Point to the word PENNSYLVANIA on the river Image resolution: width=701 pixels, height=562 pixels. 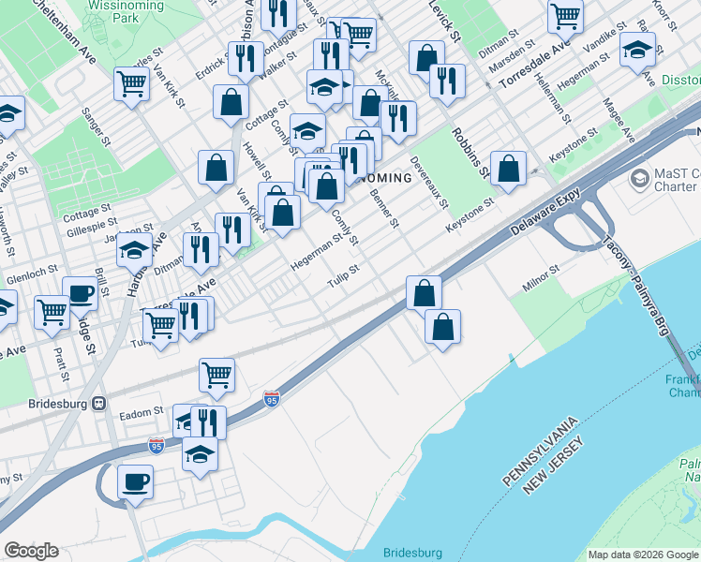(544, 449)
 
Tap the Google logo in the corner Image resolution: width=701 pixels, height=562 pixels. (31, 551)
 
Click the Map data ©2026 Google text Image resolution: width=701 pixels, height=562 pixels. (642, 555)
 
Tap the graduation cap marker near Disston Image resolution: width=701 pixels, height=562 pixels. (637, 48)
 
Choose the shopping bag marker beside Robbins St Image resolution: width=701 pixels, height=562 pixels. (508, 169)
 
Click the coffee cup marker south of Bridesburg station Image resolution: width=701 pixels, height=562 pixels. (135, 481)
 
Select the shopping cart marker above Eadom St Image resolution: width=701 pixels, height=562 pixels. (217, 375)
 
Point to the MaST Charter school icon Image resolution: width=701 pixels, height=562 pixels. (640, 177)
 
